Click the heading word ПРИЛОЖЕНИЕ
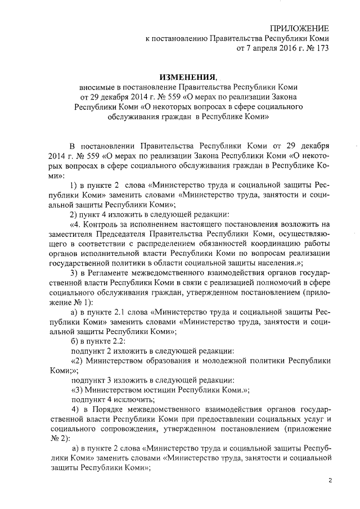[299, 28]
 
